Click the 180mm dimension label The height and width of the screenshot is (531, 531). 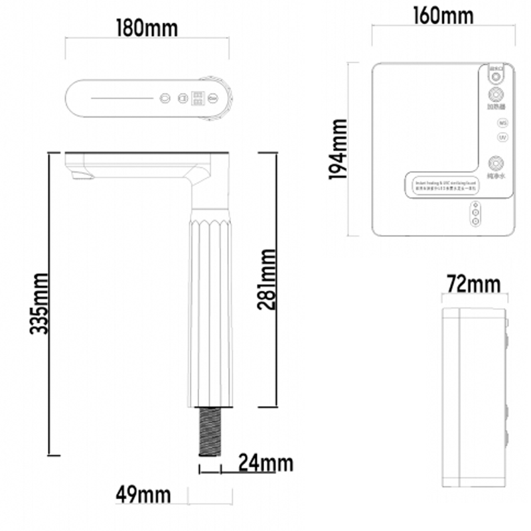point(147,29)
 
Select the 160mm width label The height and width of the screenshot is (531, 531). point(442,15)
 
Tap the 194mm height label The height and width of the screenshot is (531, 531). point(339,149)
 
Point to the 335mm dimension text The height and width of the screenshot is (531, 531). point(38,303)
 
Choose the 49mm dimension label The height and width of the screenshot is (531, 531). point(143,494)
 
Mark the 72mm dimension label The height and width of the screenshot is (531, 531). point(473,285)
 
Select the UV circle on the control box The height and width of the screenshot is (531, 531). point(502,137)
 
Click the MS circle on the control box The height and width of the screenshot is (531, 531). point(502,123)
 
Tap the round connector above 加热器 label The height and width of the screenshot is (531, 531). point(496,94)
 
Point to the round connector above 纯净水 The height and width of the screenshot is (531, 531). point(496,162)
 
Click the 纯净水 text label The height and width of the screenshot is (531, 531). point(496,177)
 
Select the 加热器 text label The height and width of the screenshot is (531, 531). point(496,107)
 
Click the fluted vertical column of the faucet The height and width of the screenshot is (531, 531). point(210,305)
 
